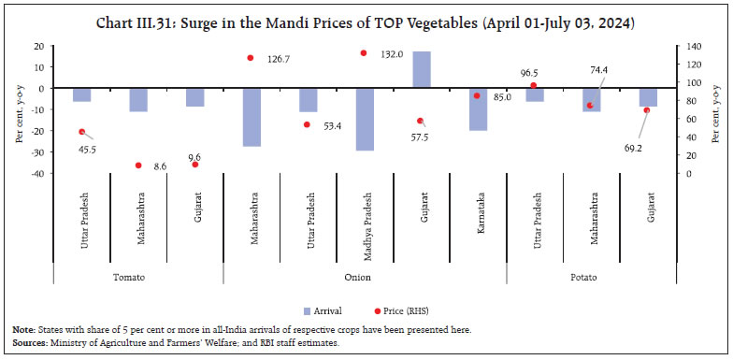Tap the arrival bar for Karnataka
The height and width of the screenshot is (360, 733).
[x=478, y=108]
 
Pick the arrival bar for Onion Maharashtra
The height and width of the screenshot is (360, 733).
[x=252, y=117]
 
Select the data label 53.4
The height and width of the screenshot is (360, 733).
[x=335, y=125]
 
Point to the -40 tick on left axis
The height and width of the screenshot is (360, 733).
[x=37, y=174]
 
